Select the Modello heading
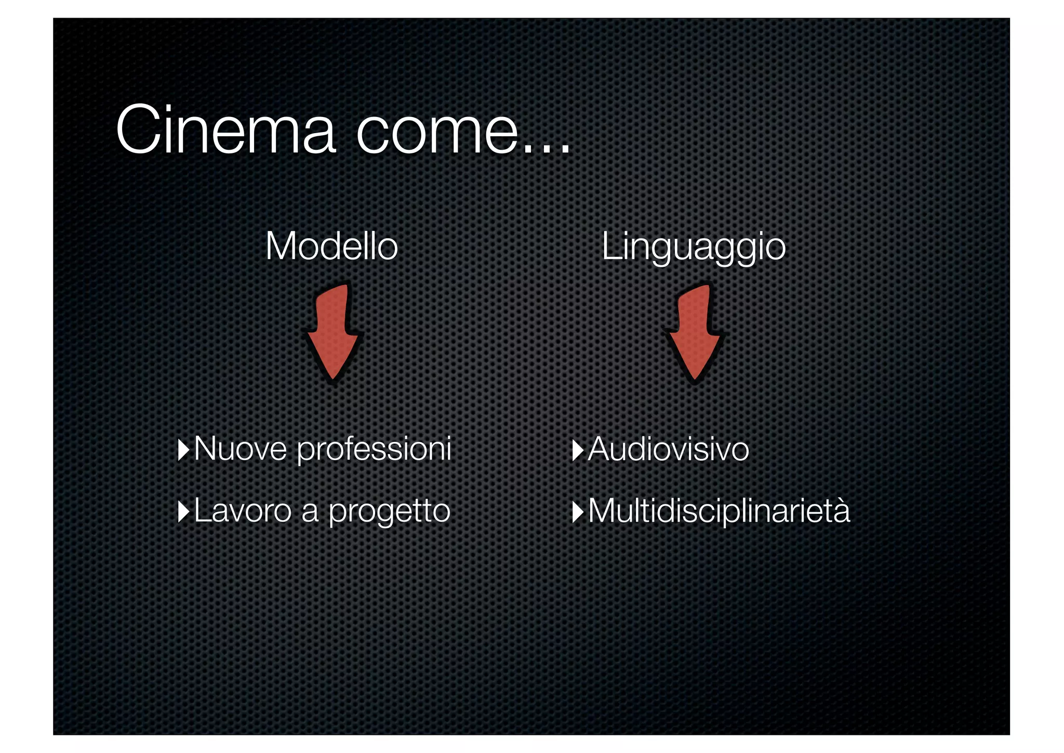click(x=331, y=246)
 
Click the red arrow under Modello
click(x=332, y=333)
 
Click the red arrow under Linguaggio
click(x=694, y=333)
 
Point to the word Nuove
click(x=240, y=448)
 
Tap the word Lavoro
click(x=242, y=510)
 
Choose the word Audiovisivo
click(x=669, y=449)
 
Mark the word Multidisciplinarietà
click(x=719, y=511)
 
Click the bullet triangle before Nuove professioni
click(x=183, y=450)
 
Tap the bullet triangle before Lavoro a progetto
click(x=183, y=512)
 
